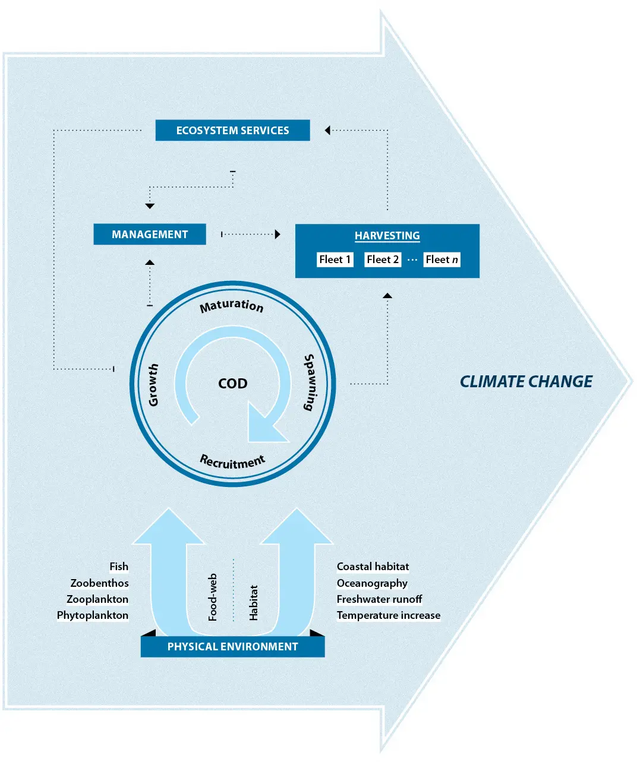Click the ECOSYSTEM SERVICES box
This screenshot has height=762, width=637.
(x=232, y=131)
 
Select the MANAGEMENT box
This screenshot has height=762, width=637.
(x=150, y=235)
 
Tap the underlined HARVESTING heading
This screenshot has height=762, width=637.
(x=387, y=236)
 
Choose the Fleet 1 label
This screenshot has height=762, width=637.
(x=335, y=260)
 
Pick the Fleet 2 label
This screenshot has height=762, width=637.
(x=383, y=260)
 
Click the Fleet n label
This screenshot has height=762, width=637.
(x=442, y=260)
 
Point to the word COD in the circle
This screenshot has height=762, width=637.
(x=233, y=384)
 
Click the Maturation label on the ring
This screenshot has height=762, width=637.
(x=232, y=306)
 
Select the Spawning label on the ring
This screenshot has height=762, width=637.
(x=310, y=382)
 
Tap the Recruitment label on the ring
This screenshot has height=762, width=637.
(x=232, y=461)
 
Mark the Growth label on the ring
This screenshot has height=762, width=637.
(x=153, y=385)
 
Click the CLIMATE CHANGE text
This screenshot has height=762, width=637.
(x=526, y=382)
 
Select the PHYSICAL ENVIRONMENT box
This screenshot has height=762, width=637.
(x=232, y=647)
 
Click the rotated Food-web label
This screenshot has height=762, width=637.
(x=213, y=597)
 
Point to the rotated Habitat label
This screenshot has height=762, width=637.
(x=254, y=603)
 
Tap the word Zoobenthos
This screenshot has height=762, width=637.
(x=99, y=583)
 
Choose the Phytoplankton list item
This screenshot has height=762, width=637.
(x=93, y=615)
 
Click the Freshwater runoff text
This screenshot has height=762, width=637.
(x=379, y=599)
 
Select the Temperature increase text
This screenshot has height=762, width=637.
(x=389, y=615)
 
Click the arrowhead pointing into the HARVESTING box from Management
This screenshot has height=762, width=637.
(x=277, y=235)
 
